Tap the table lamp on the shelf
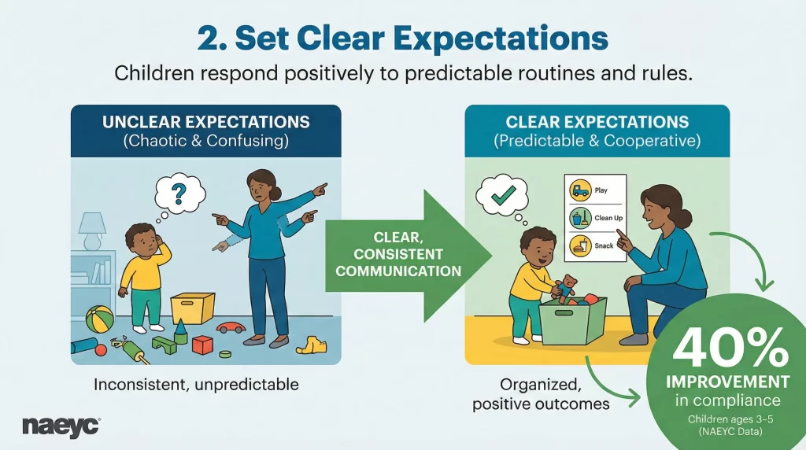click(x=93, y=229)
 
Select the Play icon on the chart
click(x=580, y=190)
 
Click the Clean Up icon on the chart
click(x=580, y=218)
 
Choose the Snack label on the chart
click(x=603, y=246)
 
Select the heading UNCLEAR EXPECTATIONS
click(x=205, y=123)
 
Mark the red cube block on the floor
click(x=202, y=345)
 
